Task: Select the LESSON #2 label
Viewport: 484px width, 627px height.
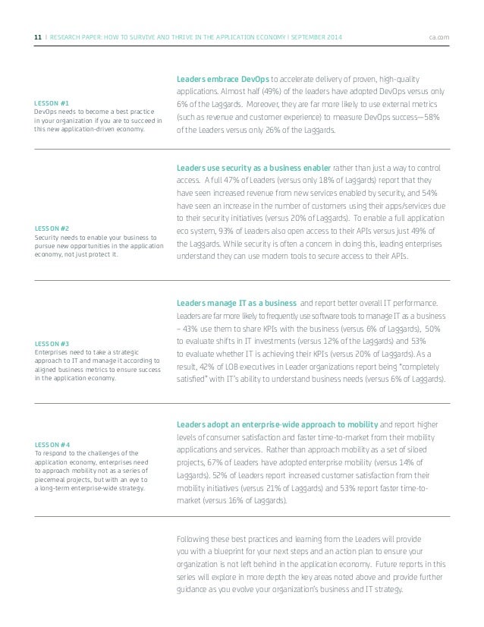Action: click(53, 228)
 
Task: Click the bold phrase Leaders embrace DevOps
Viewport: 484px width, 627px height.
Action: click(222, 77)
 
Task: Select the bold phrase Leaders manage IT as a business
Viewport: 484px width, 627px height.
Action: click(237, 301)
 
